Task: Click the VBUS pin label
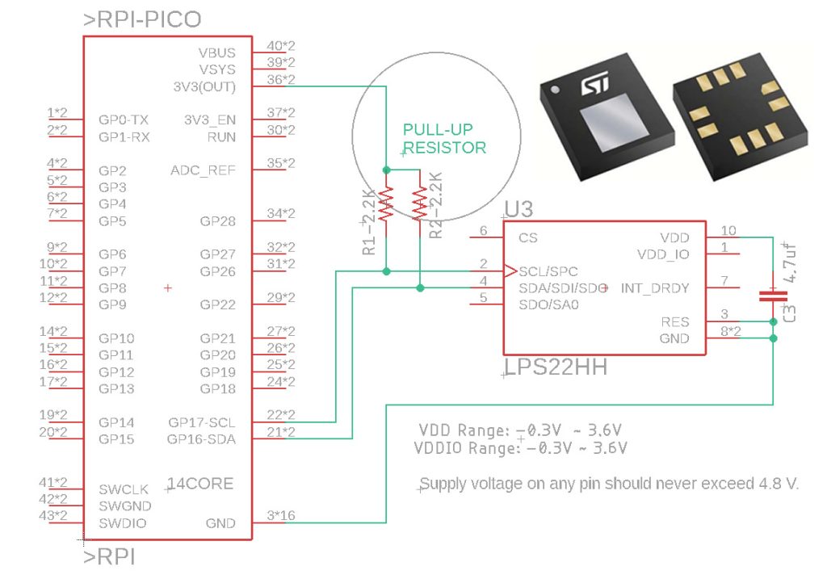tap(216, 52)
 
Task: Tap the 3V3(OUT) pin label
tap(204, 86)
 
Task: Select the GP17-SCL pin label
tap(202, 422)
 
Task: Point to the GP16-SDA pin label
tap(201, 439)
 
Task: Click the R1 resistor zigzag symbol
tap(387, 203)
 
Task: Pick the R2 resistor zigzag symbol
tap(420, 203)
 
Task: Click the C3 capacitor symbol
tap(773, 296)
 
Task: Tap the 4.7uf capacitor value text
tap(790, 262)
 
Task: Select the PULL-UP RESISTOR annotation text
tap(444, 139)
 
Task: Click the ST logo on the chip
tap(595, 84)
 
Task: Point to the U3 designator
tap(518, 209)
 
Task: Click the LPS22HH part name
tap(556, 367)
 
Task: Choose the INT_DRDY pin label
tap(654, 288)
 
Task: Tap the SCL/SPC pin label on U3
tap(548, 271)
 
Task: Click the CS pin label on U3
tap(528, 238)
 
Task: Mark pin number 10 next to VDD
tap(728, 230)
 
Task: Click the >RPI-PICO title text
tap(142, 19)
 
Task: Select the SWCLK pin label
tap(124, 489)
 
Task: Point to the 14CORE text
tap(200, 484)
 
